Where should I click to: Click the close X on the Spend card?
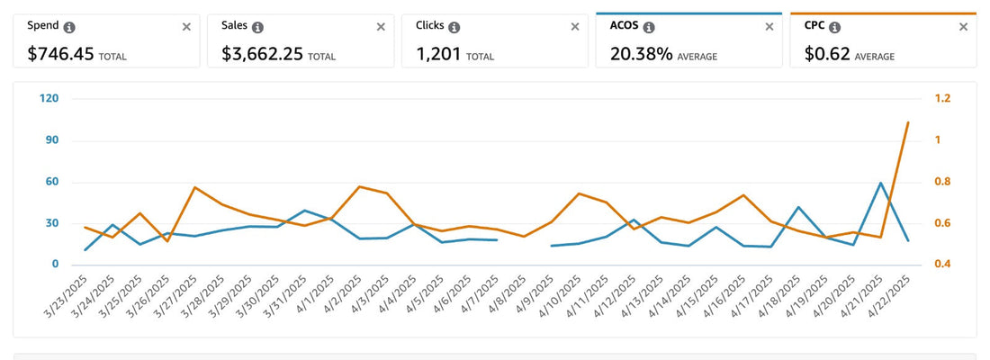pos(186,27)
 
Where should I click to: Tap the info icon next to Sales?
pos(258,27)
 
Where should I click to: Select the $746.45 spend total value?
pos(60,54)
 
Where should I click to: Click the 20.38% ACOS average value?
pos(642,54)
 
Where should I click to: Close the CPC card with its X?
pos(963,27)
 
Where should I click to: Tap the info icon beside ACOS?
pos(646,27)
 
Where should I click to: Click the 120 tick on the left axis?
pos(49,98)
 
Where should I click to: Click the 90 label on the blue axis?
pos(51,140)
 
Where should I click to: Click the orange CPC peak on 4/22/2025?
pos(907,122)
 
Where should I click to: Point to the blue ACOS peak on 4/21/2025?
pos(880,183)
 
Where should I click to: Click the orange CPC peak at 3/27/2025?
pos(194,187)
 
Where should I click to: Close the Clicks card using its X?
pos(575,27)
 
